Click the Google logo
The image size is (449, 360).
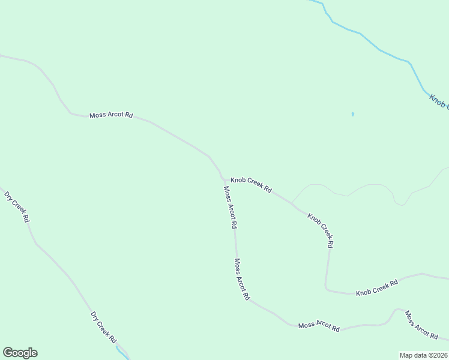tap(20, 353)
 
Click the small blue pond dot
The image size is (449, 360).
tap(352, 114)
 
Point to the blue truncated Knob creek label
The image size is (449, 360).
tap(439, 101)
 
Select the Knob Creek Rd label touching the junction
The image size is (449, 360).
tap(251, 185)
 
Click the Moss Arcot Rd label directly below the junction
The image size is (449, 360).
tap(230, 208)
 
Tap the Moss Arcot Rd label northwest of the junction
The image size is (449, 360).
tap(110, 115)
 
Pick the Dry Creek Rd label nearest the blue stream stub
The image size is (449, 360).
tap(103, 327)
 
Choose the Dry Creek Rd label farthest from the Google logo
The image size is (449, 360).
tap(17, 207)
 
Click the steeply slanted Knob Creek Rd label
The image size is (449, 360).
tap(320, 230)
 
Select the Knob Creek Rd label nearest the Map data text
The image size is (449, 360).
tap(377, 287)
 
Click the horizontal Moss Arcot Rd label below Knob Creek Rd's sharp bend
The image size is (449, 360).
tap(319, 326)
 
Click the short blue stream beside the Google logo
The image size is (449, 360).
tap(122, 352)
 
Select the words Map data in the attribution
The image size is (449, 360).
tap(412, 355)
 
